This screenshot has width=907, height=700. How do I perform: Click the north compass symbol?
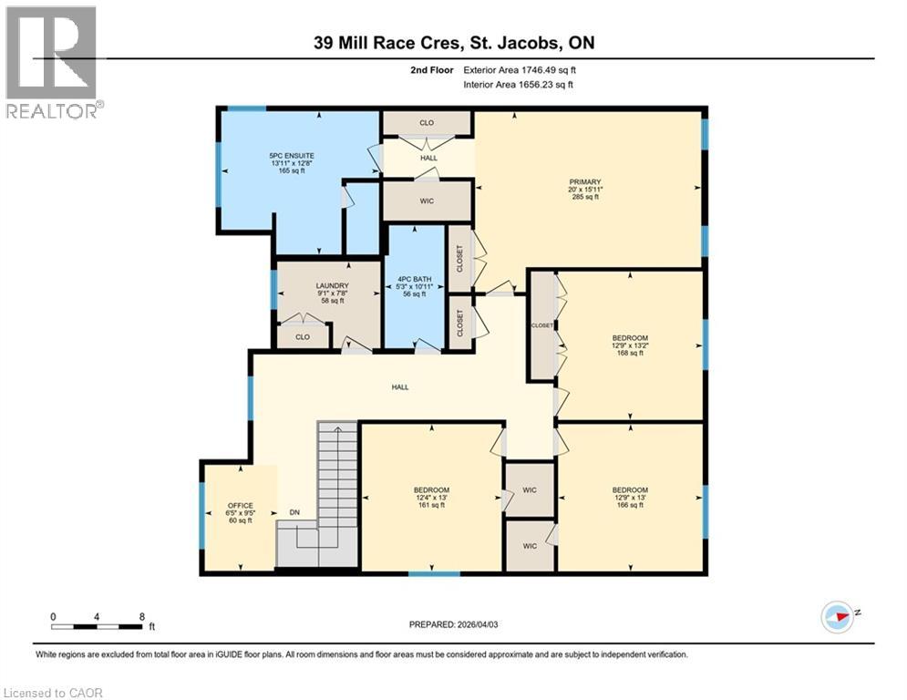pyautogui.click(x=837, y=616)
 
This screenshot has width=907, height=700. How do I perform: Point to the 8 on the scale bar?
pyautogui.click(x=141, y=616)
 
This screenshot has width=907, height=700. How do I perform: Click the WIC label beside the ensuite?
pyautogui.click(x=427, y=201)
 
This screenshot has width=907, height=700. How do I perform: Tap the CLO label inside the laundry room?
pyautogui.click(x=302, y=336)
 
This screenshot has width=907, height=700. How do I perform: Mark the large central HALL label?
pyautogui.click(x=399, y=386)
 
